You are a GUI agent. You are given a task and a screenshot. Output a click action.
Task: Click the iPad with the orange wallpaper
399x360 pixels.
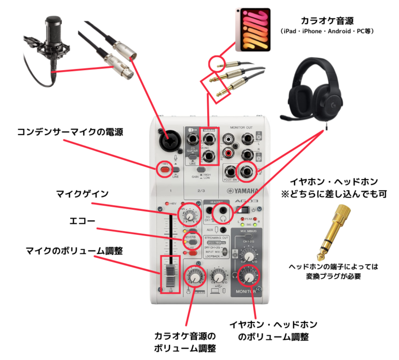pyautogui.click(x=252, y=29)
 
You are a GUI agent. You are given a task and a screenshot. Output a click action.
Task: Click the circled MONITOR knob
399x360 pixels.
pyautogui.click(x=249, y=276)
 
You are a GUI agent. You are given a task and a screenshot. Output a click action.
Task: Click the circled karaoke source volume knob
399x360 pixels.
pyautogui.click(x=195, y=276)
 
